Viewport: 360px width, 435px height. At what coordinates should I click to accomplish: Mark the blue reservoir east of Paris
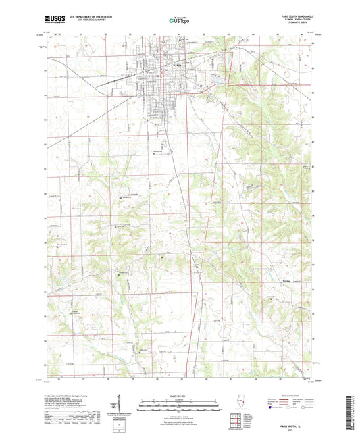click(x=217, y=85)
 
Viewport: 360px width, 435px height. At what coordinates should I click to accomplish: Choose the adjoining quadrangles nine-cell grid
click(x=237, y=421)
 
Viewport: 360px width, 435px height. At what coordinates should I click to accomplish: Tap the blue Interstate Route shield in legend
click(x=276, y=407)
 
